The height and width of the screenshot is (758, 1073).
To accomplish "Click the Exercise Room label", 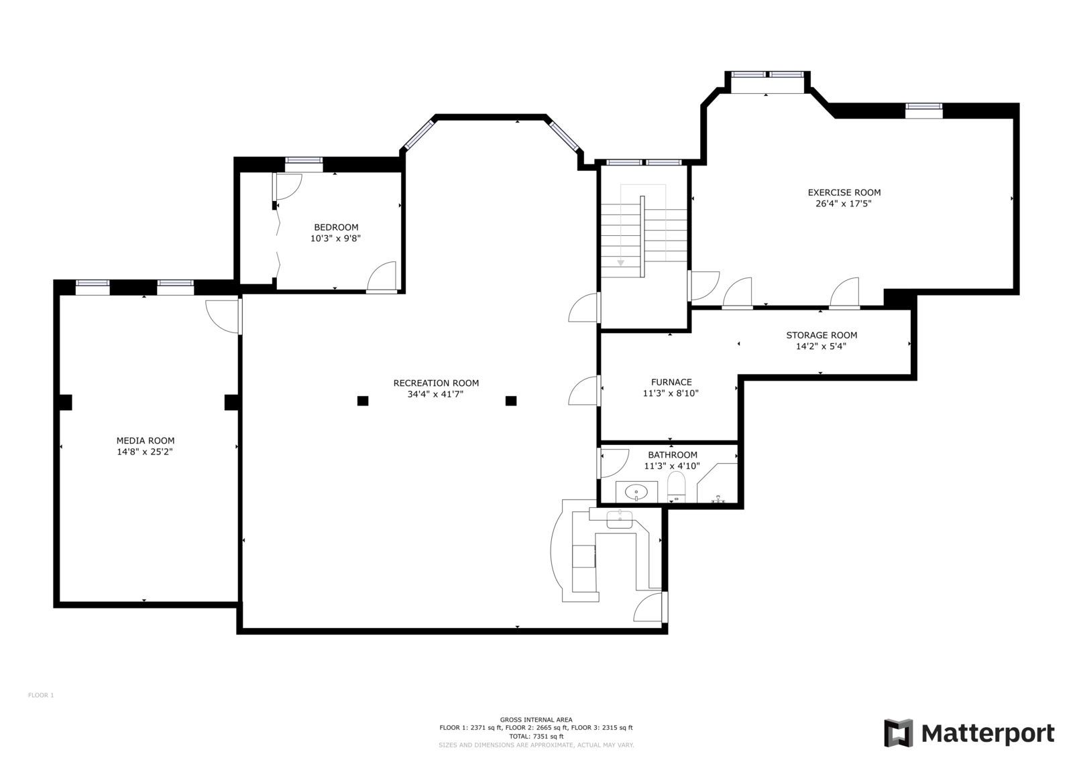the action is tap(844, 192).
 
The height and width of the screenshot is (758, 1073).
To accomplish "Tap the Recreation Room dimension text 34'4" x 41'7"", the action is tap(435, 394).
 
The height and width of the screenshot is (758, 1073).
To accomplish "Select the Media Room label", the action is tap(145, 440).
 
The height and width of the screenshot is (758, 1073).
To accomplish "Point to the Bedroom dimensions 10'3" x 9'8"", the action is tap(335, 238).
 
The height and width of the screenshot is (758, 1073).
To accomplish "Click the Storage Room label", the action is tap(822, 335).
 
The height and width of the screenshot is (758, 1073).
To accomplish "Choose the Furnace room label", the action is tap(671, 382).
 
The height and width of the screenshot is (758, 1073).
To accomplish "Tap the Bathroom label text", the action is tap(673, 455).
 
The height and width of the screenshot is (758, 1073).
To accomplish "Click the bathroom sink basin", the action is tap(636, 491).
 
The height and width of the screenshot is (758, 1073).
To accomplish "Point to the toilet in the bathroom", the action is tap(677, 487).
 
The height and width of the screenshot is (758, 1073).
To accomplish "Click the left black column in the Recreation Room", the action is tap(363, 401).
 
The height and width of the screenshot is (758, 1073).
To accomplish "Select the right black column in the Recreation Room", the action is tap(510, 401).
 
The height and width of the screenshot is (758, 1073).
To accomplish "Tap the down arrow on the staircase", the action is tap(620, 263).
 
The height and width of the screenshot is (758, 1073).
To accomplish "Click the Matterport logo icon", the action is tap(898, 733).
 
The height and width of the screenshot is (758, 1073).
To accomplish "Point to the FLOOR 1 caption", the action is tap(41, 695).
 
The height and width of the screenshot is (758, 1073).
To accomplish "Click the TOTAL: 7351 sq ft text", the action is tap(536, 737).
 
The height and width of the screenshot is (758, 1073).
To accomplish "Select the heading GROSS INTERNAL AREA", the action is tap(536, 720).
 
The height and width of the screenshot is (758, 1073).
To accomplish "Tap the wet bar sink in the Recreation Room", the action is tap(620, 519).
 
